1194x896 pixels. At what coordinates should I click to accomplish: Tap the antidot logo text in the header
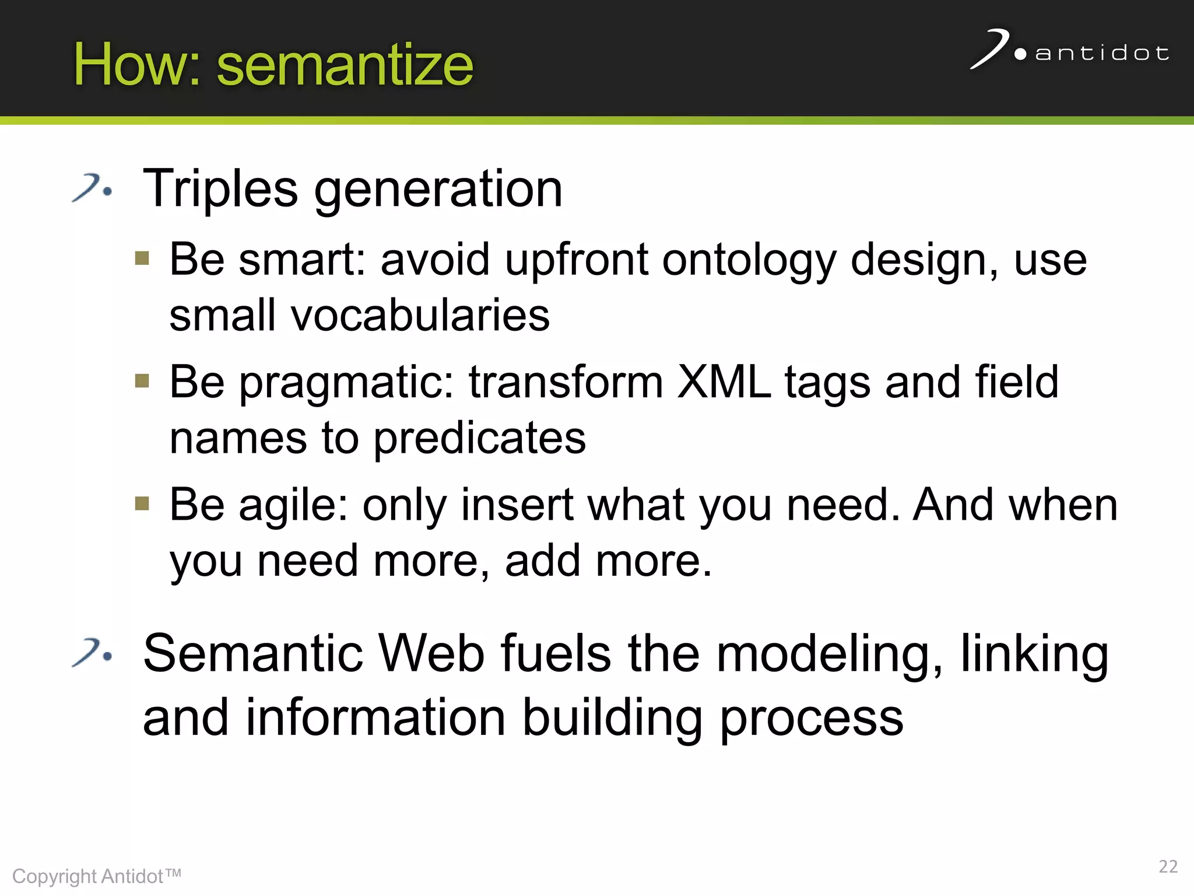pos(1101,54)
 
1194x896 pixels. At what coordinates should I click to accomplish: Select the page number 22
pos(1168,866)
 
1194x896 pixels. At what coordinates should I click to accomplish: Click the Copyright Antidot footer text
pos(97,876)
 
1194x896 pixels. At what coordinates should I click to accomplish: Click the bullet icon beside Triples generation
pos(92,188)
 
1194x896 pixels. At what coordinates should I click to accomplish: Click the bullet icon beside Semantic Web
pos(92,653)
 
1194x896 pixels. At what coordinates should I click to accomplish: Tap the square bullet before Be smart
pos(142,258)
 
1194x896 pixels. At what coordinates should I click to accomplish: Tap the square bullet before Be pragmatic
pos(142,381)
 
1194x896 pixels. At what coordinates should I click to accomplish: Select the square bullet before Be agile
pos(142,503)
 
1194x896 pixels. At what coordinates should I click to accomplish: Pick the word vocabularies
pos(420,316)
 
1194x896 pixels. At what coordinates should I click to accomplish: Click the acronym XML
pos(724,382)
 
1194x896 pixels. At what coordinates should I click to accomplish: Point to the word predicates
pos(479,439)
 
